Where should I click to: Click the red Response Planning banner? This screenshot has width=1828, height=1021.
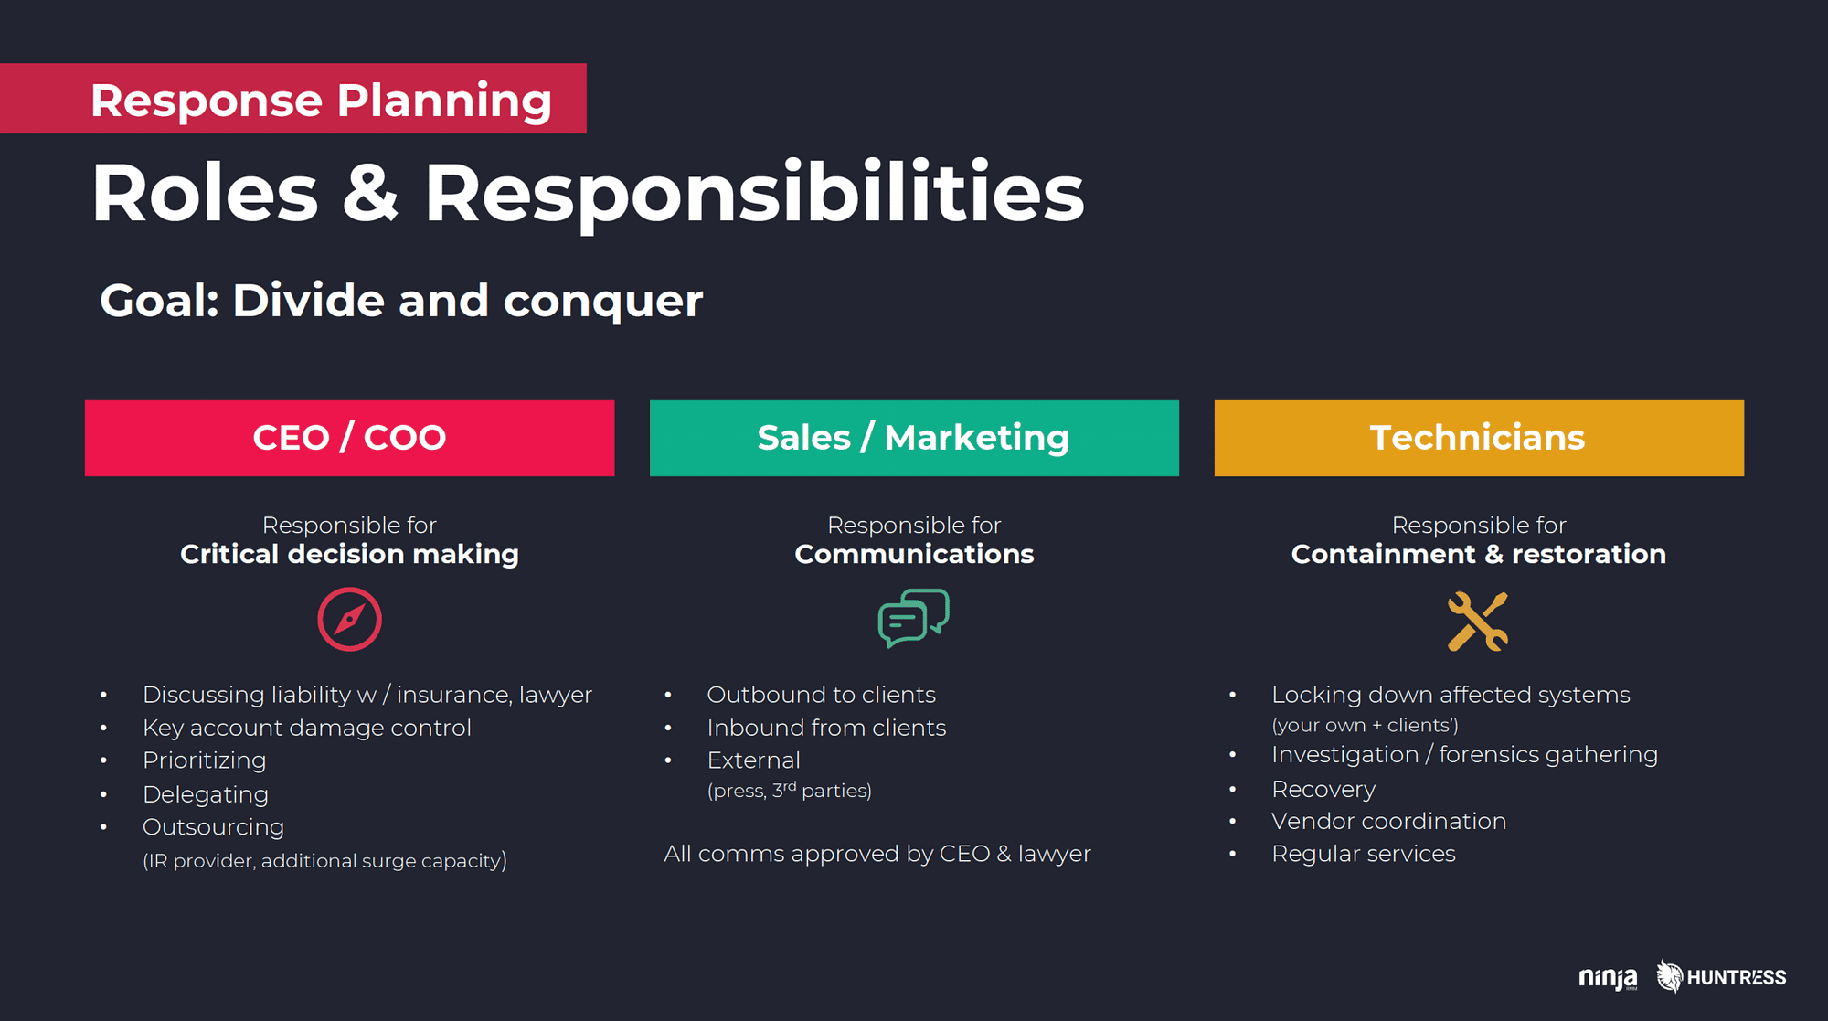tap(292, 99)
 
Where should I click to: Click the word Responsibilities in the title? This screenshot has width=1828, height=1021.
tap(754, 194)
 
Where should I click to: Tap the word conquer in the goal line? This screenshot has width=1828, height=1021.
tap(603, 303)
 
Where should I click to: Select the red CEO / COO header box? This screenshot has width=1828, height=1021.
tap(349, 438)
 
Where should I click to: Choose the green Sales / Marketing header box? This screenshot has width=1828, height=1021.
tap(914, 438)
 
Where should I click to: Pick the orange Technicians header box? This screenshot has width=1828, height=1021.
tap(1479, 438)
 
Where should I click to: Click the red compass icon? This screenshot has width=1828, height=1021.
tap(349, 619)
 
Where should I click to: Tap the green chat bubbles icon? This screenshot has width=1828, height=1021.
tap(913, 619)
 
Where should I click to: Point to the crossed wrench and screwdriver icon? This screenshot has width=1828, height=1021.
tap(1478, 622)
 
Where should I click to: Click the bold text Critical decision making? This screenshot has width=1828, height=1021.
tap(349, 554)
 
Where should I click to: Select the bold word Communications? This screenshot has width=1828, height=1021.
tap(914, 554)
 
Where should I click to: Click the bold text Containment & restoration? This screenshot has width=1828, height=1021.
tap(1479, 554)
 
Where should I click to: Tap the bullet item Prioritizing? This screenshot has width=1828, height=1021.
tap(205, 760)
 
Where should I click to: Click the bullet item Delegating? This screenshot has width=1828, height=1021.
tap(206, 794)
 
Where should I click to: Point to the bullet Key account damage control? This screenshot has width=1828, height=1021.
tap(307, 728)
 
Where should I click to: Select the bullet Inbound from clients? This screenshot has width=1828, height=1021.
tap(826, 728)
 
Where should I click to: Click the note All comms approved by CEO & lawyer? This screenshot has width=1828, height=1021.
tap(877, 854)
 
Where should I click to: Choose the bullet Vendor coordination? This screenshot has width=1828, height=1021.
tap(1388, 821)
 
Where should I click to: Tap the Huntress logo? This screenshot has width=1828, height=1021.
tap(1721, 977)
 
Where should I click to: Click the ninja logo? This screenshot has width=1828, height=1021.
tap(1608, 978)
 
